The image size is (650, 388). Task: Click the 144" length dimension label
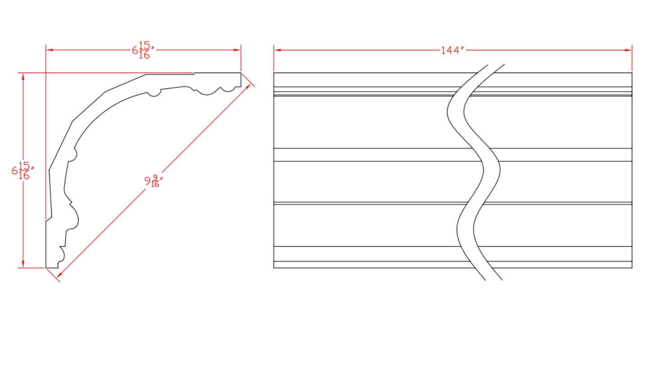[452, 50]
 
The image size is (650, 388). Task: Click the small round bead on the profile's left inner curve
[73, 155]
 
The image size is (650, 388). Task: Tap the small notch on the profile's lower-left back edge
[48, 219]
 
